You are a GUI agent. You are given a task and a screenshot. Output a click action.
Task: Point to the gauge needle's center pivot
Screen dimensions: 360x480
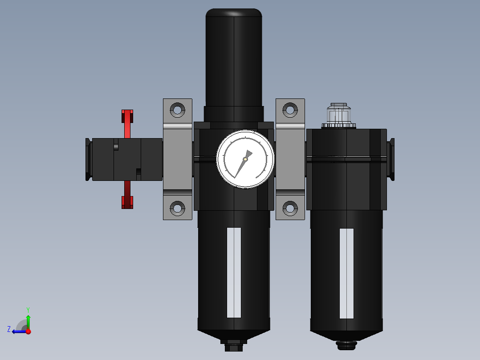pyautogui.click(x=245, y=159)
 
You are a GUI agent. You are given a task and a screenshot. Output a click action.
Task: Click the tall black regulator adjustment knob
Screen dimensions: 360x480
pyautogui.click(x=234, y=58)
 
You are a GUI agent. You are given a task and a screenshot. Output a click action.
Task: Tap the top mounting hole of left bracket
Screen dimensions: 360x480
pyautogui.click(x=177, y=110)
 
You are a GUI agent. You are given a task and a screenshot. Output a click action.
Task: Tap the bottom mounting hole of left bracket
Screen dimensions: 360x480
pyautogui.click(x=177, y=208)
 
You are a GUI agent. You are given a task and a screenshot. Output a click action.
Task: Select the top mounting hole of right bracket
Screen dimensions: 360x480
pyautogui.click(x=290, y=110)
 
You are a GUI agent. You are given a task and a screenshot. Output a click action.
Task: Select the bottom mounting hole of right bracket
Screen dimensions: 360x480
pyautogui.click(x=290, y=208)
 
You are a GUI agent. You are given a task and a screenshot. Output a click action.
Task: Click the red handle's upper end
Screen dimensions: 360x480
pyautogui.click(x=127, y=118)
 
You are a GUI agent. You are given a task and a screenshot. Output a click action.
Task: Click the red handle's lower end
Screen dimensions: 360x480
pyautogui.click(x=127, y=200)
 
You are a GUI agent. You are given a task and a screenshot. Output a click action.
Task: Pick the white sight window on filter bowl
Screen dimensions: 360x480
pyautogui.click(x=234, y=273)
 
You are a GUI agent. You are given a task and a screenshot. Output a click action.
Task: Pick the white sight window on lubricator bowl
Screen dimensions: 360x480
pyautogui.click(x=346, y=274)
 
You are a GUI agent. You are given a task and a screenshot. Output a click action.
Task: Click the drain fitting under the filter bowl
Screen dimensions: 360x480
pyautogui.click(x=234, y=345)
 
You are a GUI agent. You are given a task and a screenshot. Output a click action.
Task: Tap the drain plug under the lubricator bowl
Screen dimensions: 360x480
pyautogui.click(x=346, y=344)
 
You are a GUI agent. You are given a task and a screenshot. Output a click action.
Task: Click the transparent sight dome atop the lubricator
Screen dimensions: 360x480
pyautogui.click(x=339, y=115)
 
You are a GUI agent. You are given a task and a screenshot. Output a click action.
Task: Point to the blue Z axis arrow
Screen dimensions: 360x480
pyautogui.click(x=17, y=331)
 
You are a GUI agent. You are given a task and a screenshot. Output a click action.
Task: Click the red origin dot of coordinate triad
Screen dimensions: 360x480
pyautogui.click(x=28, y=331)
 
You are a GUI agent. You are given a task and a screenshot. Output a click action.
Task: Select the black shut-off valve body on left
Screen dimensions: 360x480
pyautogui.click(x=127, y=159)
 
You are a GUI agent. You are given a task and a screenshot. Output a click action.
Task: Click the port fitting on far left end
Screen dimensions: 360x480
pyautogui.click(x=88, y=159)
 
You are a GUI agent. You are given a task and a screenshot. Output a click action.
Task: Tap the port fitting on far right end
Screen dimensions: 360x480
pyautogui.click(x=391, y=159)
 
